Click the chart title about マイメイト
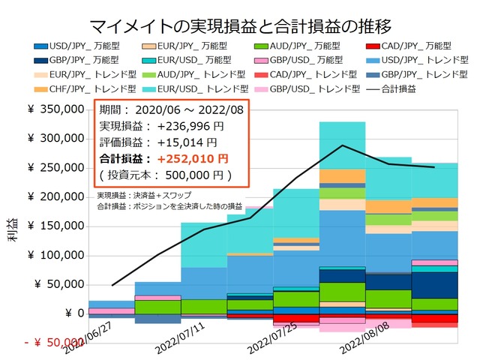pyautogui.click(x=239, y=28)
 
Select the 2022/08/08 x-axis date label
pyautogui.click(x=364, y=339)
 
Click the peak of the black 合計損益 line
pyautogui.click(x=342, y=145)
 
